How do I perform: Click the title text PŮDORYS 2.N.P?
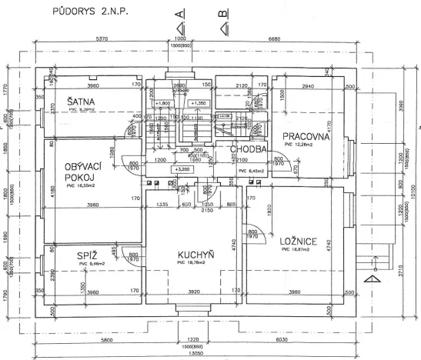tap(86, 14)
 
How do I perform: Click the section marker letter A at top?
tap(180, 13)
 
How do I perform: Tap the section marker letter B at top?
tap(223, 13)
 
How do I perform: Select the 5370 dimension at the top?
tap(105, 39)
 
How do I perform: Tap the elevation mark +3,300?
tap(182, 168)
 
